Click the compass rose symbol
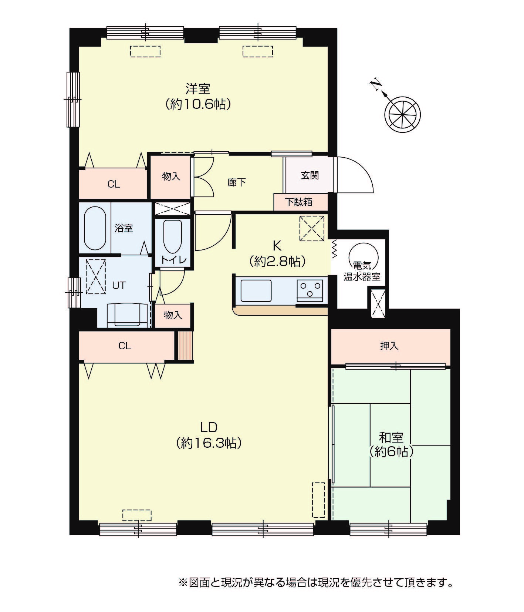(402, 114)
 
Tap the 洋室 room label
(198, 89)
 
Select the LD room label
(209, 427)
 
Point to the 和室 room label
(391, 438)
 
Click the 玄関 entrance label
(310, 175)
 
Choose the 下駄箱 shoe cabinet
(300, 202)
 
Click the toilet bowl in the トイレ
(172, 237)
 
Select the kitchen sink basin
(256, 291)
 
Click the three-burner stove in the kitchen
(310, 289)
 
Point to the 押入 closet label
(389, 346)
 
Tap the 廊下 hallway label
(237, 182)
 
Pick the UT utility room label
(119, 285)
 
